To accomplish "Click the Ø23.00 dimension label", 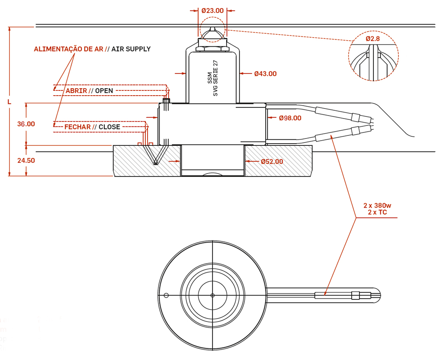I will pyautogui.click(x=212, y=10).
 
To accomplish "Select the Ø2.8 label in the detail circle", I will pyautogui.click(x=372, y=39).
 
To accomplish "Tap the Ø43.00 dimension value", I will pyautogui.click(x=265, y=74).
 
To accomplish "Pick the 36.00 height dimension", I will pyautogui.click(x=26, y=124).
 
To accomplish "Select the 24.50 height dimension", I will pyautogui.click(x=26, y=160).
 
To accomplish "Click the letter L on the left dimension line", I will pyautogui.click(x=9, y=102).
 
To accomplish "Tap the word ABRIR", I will pyautogui.click(x=76, y=90).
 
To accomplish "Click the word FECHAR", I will pyautogui.click(x=77, y=127).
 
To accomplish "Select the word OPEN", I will pyautogui.click(x=104, y=90).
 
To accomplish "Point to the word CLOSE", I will pyautogui.click(x=109, y=127).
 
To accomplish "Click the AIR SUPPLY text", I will pyautogui.click(x=131, y=49).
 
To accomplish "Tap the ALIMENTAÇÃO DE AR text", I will pyautogui.click(x=68, y=49).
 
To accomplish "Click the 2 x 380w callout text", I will pyautogui.click(x=377, y=206).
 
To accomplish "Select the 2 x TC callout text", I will pyautogui.click(x=377, y=212).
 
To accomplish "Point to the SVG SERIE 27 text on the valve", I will pyautogui.click(x=216, y=78).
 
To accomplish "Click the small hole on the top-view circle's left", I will pyautogui.click(x=166, y=296).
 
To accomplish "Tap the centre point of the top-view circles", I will pyautogui.click(x=212, y=296).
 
